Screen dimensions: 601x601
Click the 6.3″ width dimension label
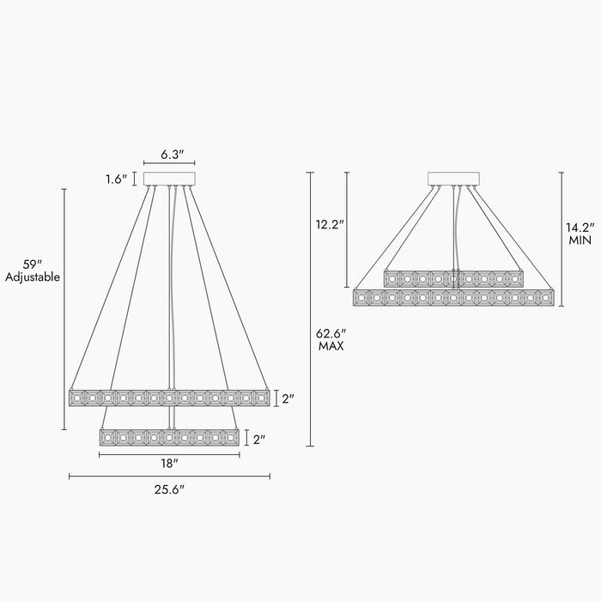pos(172,155)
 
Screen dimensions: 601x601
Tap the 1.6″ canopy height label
pos(116,179)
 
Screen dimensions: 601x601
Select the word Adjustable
pos(33,277)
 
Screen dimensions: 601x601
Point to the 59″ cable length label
pos(33,264)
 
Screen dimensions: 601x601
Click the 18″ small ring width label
pos(169,464)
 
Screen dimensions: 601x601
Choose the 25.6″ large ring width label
pos(169,489)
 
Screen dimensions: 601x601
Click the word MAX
pos(331,346)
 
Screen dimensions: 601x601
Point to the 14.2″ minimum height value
pos(580,228)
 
